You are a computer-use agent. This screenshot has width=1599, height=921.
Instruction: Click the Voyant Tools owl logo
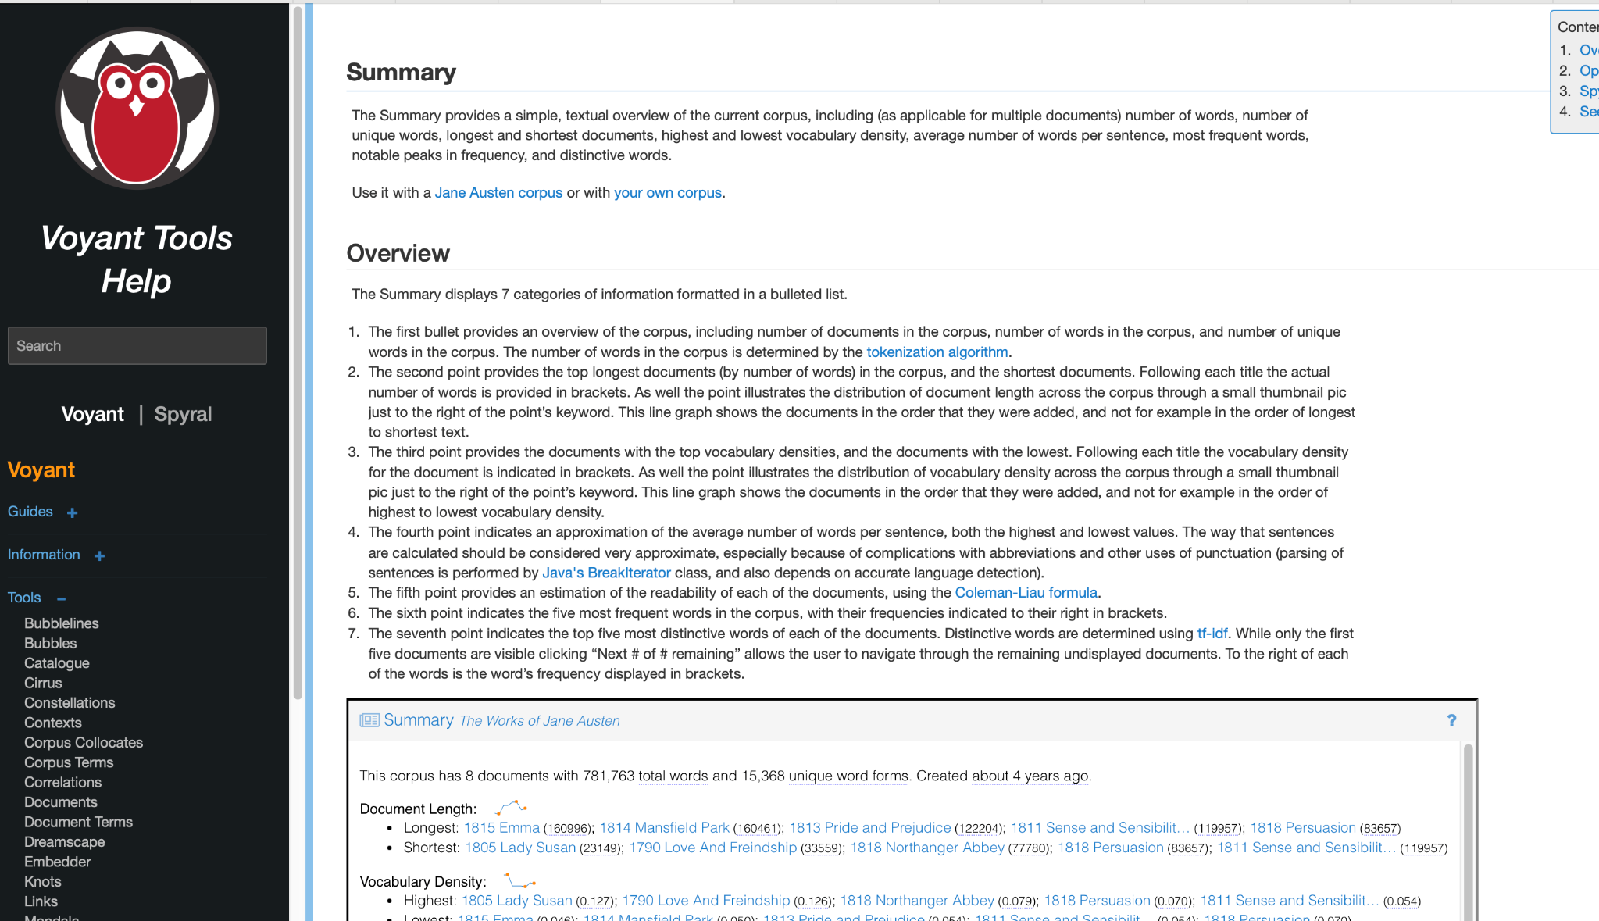pos(137,109)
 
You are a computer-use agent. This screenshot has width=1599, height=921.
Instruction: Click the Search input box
pos(137,345)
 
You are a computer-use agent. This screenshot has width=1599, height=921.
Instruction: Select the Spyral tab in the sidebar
pos(183,414)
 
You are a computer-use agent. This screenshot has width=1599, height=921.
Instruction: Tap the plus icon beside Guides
pos(73,512)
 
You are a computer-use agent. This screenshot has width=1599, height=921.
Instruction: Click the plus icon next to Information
pos(99,555)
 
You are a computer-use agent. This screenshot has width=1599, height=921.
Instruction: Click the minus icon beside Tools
pos(61,598)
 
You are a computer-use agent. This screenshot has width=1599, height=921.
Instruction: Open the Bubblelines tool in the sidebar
pos(61,623)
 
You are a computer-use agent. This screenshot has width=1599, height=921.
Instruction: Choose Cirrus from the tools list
pos(43,683)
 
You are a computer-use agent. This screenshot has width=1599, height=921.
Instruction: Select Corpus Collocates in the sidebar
pos(83,742)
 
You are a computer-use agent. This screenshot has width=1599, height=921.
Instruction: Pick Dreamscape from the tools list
pos(64,841)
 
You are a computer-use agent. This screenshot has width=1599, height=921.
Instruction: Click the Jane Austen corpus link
pos(498,192)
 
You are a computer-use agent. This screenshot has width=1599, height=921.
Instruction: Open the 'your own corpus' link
pos(667,192)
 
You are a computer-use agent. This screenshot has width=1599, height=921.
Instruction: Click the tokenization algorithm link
pos(937,352)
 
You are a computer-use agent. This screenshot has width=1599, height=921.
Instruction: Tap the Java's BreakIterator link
pos(606,573)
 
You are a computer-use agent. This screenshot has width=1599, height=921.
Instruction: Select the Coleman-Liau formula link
pos(1026,592)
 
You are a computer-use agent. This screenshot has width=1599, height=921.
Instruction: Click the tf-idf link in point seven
pos(1212,633)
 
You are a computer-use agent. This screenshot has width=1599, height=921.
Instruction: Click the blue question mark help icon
pos(1451,720)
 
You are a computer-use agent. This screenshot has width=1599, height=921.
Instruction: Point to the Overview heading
pos(398,253)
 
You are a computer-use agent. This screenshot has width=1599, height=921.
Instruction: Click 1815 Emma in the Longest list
pos(501,827)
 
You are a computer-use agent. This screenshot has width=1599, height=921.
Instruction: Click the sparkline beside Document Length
pos(511,807)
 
